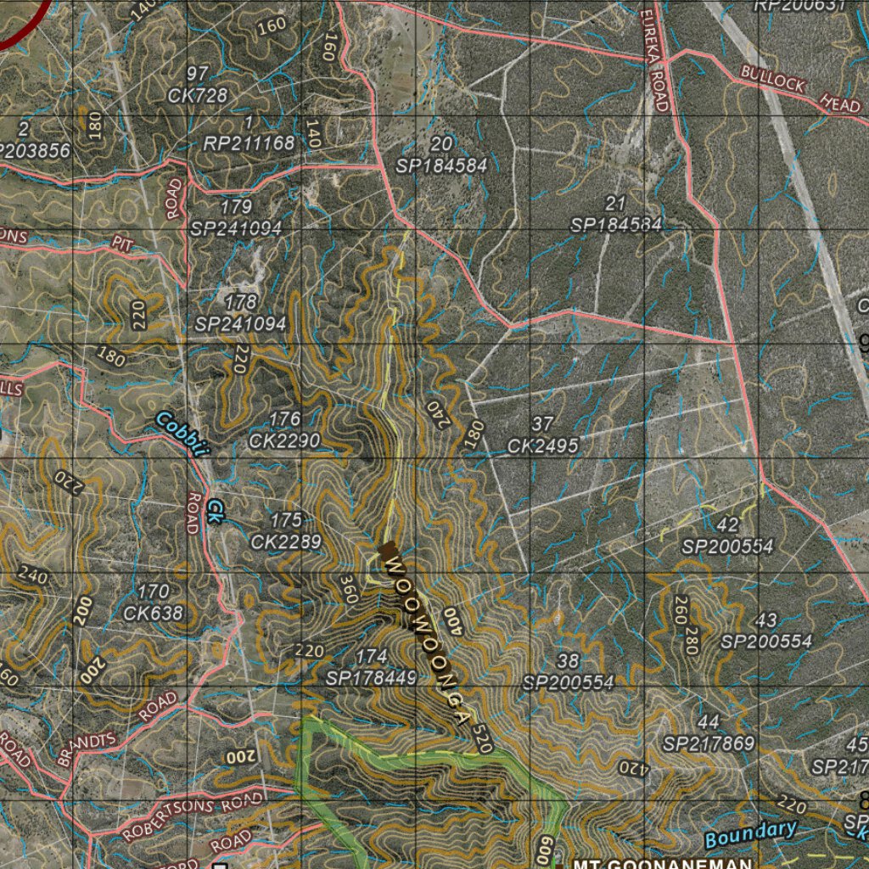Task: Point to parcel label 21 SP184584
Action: pos(616,215)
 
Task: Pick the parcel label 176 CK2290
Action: pos(284,429)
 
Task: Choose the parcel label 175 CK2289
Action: pos(286,530)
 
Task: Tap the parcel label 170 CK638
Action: pos(153,602)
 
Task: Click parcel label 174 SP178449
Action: pos(372,667)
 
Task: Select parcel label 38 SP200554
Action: pos(568,671)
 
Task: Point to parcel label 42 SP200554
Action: pos(727,535)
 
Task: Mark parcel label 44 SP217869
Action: pos(709,733)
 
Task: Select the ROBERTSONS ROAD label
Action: pos(193,816)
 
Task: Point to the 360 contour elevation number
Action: pos(349,588)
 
